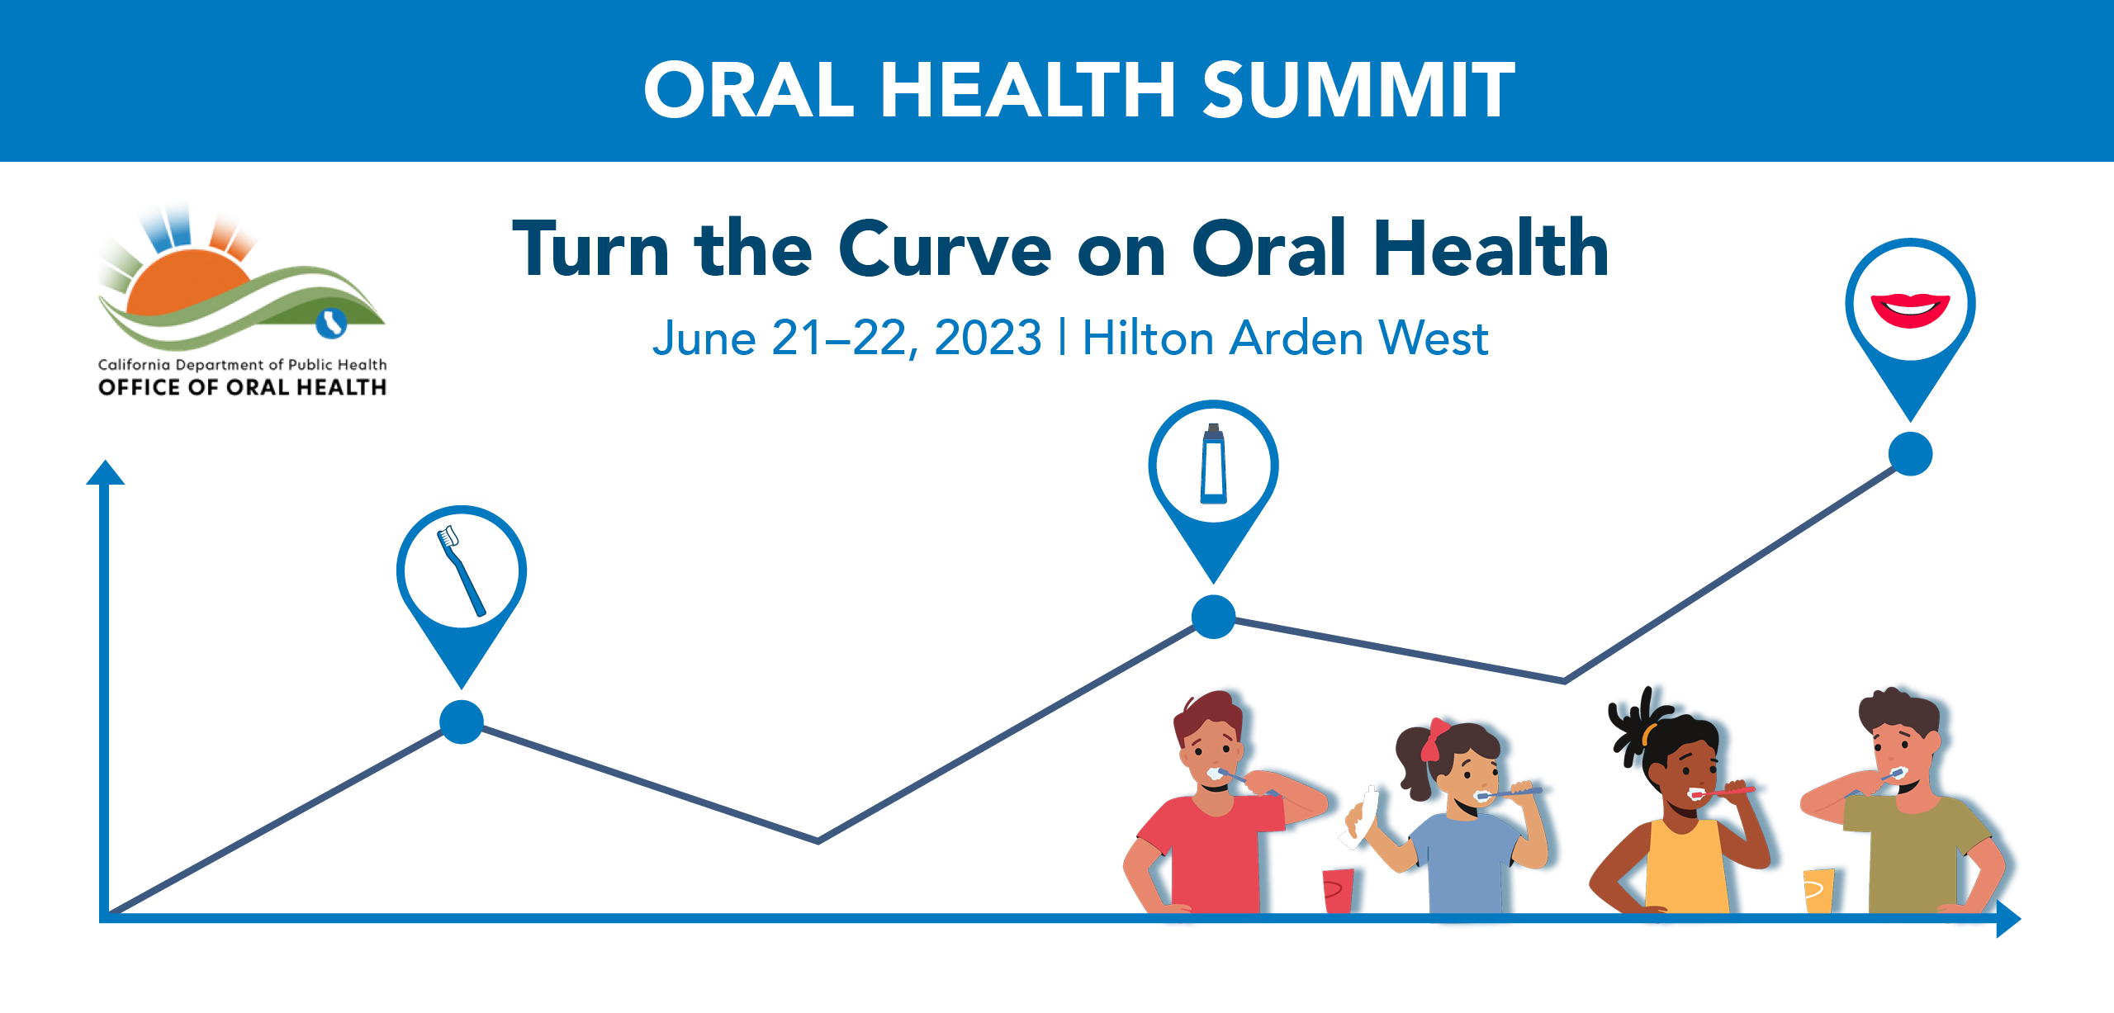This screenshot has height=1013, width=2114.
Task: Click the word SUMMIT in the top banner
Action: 1358,90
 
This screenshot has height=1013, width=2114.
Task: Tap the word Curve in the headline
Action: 945,249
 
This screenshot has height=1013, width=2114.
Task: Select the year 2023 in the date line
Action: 988,338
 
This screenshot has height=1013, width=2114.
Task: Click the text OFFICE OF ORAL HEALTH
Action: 241,387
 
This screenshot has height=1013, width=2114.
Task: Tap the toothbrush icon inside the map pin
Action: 461,570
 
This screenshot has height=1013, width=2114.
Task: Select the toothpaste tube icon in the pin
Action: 1213,463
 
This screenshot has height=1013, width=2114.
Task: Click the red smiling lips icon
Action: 1910,310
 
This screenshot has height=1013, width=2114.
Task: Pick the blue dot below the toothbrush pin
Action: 461,722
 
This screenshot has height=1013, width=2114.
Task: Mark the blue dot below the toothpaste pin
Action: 1213,617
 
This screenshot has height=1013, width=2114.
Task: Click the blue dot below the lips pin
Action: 1910,454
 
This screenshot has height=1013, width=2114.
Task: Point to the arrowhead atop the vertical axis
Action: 105,472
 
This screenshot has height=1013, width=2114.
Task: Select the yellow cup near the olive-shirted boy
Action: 1818,890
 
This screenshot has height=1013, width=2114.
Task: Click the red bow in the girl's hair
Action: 1433,740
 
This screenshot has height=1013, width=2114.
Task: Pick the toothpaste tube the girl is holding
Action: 1358,818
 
